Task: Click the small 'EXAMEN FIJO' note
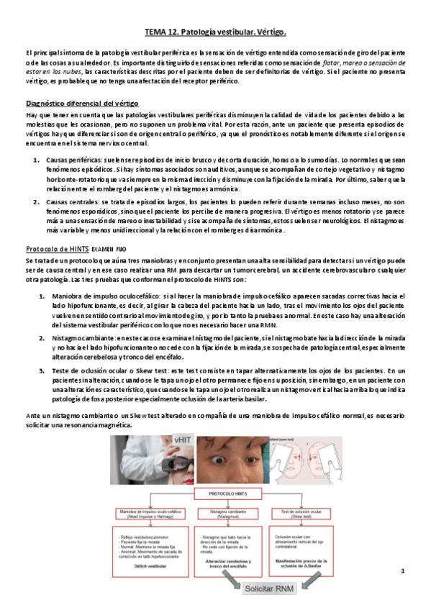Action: [111, 249]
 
